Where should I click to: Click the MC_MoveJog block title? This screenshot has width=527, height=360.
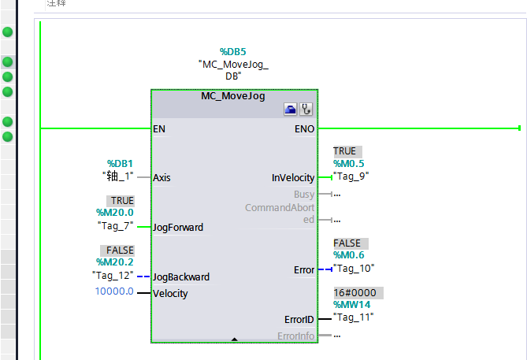click(x=233, y=96)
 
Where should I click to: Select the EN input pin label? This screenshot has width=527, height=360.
click(x=159, y=128)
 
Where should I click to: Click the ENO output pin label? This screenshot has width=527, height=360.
click(x=304, y=128)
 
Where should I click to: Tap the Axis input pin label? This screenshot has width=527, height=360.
click(x=162, y=177)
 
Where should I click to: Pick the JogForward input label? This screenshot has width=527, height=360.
click(x=178, y=228)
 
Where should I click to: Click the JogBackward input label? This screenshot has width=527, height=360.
click(x=181, y=277)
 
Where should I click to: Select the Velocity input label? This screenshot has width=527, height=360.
click(x=171, y=294)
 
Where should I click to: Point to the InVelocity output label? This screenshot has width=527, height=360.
click(x=292, y=178)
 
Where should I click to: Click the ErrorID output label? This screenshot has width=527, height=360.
click(x=299, y=320)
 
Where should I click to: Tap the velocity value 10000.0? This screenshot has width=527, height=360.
click(x=113, y=293)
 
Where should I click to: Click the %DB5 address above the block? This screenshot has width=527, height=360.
click(x=233, y=52)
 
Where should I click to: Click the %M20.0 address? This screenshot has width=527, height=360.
click(x=115, y=213)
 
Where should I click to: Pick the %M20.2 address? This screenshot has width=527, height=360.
click(x=115, y=262)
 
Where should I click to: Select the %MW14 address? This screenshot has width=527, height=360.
click(x=351, y=305)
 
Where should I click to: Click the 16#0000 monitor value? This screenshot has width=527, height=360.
click(x=354, y=292)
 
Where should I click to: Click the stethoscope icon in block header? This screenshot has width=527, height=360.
click(x=306, y=110)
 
